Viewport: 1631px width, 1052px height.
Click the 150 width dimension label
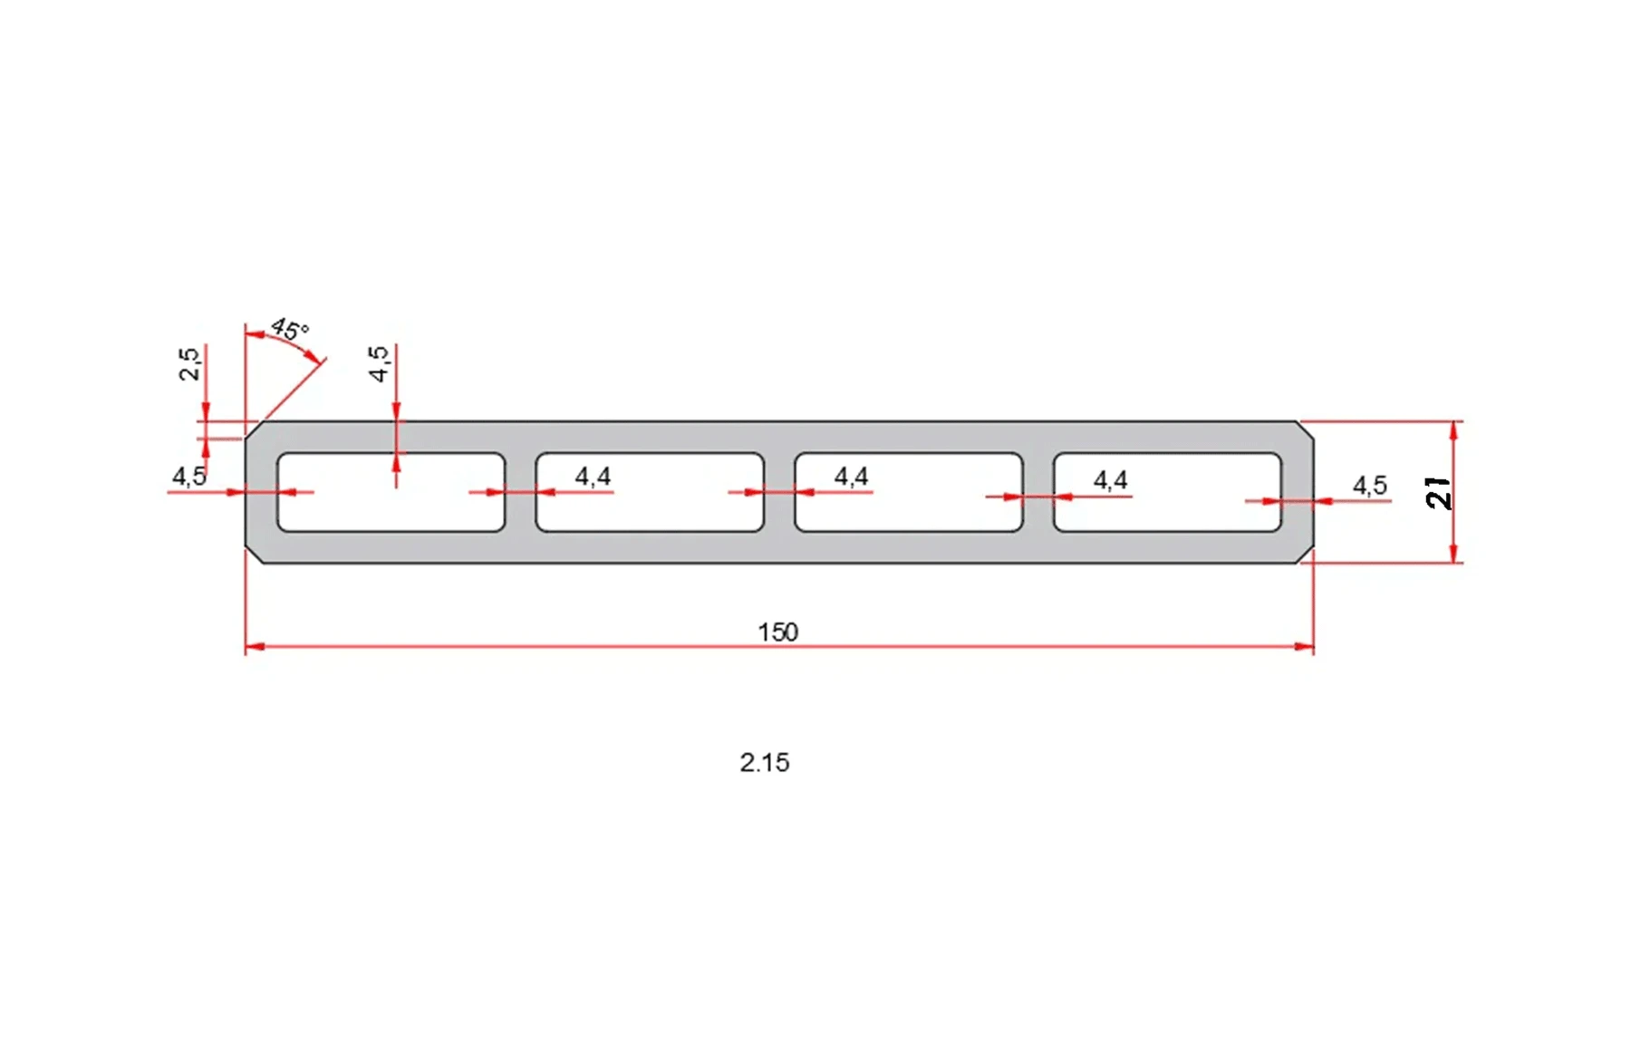(777, 632)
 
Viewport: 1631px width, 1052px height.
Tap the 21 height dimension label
(1438, 492)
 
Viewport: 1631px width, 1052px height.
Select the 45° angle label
(290, 329)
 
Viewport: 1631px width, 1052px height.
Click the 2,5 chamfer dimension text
(189, 363)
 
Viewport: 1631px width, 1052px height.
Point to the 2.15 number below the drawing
(764, 762)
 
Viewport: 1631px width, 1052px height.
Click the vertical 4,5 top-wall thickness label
(379, 363)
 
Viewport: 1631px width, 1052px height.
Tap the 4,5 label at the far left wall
(188, 476)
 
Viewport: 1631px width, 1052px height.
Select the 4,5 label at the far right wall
(1369, 486)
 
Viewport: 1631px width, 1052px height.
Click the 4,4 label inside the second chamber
(593, 476)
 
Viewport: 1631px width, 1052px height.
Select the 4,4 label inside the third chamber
(851, 476)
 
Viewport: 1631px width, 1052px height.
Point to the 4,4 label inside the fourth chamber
(1110, 479)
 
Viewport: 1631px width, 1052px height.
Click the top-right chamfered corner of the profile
(1306, 429)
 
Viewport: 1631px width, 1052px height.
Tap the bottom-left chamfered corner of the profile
(254, 555)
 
